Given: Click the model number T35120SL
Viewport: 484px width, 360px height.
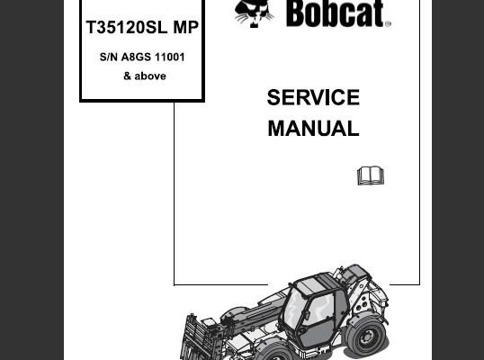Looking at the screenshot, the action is click(127, 27).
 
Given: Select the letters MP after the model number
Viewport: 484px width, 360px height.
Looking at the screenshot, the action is click(186, 27).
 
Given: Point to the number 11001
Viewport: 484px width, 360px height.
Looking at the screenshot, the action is click(170, 57).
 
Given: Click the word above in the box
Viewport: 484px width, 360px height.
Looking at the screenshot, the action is click(150, 76).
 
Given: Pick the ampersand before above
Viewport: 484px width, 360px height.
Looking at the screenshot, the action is click(127, 76).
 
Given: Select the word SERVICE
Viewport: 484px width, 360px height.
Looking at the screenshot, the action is click(313, 97).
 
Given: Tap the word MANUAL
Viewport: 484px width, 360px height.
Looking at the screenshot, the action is click(313, 128).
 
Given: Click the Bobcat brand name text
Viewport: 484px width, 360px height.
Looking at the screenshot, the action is click(336, 13).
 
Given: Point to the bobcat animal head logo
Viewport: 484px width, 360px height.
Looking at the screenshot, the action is click(254, 13).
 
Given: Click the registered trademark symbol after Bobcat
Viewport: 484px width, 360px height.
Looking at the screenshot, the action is click(388, 23).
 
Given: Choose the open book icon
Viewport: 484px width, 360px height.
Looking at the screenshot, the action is click(371, 176).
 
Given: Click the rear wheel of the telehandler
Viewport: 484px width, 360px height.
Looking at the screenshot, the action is click(366, 336).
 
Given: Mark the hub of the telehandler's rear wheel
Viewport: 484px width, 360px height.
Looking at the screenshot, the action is click(368, 337).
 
